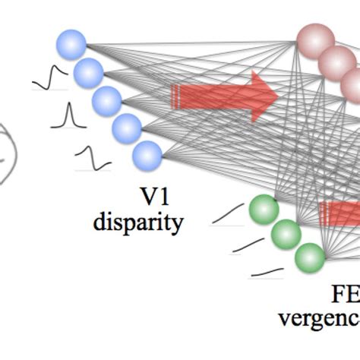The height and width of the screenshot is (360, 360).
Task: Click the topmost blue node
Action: click(71, 44)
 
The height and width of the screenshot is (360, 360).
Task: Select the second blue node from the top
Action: click(89, 73)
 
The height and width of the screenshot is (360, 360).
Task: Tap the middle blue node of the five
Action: click(106, 101)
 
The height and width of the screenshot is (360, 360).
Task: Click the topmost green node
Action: click(264, 209)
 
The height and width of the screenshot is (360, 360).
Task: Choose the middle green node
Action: click(286, 234)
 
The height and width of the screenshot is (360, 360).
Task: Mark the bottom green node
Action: click(310, 257)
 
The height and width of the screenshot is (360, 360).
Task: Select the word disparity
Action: click(139, 223)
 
